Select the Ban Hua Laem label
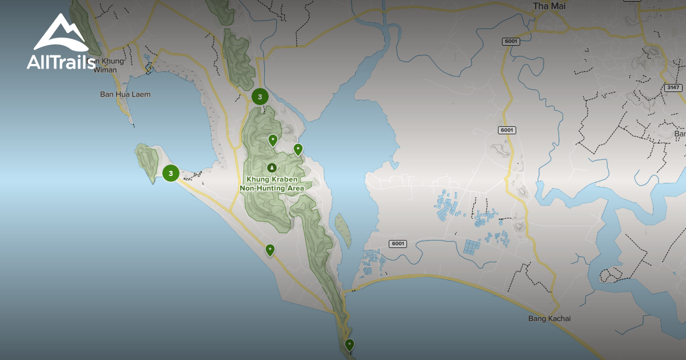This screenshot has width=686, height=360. click(x=125, y=94)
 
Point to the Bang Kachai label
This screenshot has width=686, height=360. click(x=549, y=318)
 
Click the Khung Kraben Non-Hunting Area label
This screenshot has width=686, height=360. click(x=272, y=183)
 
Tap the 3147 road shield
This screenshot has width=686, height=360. click(x=673, y=87)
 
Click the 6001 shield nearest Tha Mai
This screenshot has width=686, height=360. click(x=510, y=41)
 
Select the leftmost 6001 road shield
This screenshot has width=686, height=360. click(x=398, y=243)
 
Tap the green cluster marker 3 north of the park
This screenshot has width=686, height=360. click(x=260, y=97)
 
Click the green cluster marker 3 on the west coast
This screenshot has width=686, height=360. click(x=170, y=173)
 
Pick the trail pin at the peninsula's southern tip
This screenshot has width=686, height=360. click(x=349, y=344)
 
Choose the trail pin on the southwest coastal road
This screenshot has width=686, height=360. click(x=269, y=249)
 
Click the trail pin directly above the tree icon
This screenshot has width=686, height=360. click(x=273, y=139)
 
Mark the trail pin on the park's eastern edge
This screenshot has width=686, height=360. click(x=298, y=149)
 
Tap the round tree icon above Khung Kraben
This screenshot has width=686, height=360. click(x=272, y=167)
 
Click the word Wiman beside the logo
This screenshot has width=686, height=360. click(x=106, y=70)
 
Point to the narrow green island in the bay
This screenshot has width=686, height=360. click(x=343, y=230)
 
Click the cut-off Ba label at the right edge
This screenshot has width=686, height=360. click(x=680, y=134)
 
